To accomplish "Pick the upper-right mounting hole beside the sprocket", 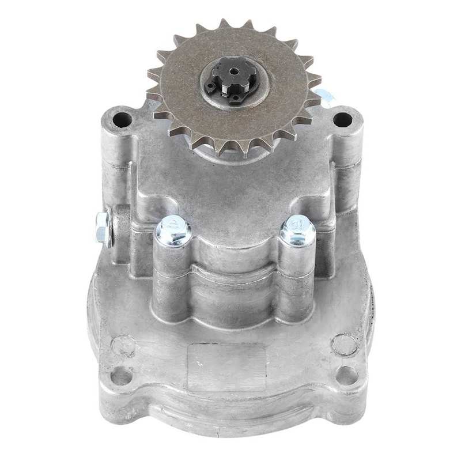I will (x=342, y=120).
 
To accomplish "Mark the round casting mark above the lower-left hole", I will (x=123, y=346).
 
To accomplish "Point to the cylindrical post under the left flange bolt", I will (x=172, y=282).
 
